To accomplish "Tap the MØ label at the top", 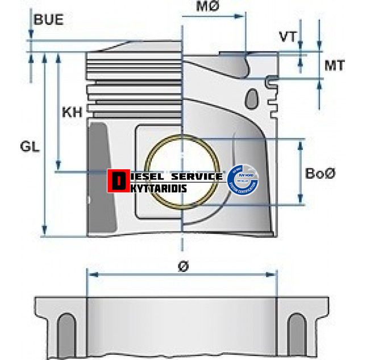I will [207, 7].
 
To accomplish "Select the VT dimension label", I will [288, 37].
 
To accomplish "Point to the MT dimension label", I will [334, 65].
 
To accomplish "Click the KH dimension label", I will [72, 112].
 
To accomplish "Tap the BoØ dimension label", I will [321, 173].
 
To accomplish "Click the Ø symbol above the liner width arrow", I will [182, 266].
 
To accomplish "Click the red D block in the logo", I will [118, 181].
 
